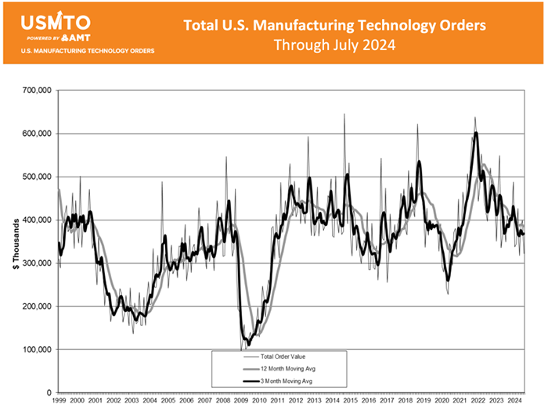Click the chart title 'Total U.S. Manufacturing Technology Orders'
334,25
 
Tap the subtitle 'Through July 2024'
334,45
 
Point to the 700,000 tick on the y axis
36,91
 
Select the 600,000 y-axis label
36,134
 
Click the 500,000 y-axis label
36,177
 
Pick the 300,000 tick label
36,263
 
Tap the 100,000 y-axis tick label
36,349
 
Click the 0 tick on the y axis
49,392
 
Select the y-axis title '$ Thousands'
16,242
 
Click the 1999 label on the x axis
59,400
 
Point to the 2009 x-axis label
241,400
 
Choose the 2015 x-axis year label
350,400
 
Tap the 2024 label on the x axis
514,400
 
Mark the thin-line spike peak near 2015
344,115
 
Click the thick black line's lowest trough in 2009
249,344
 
